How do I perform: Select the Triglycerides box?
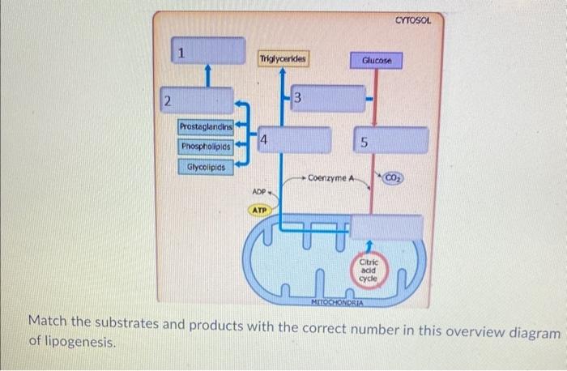pyautogui.click(x=283, y=58)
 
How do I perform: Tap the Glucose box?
pyautogui.click(x=376, y=59)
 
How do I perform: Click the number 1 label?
pyautogui.click(x=182, y=53)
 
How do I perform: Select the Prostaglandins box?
pyautogui.click(x=206, y=126)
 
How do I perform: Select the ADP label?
pyautogui.click(x=259, y=193)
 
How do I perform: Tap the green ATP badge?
pyautogui.click(x=259, y=210)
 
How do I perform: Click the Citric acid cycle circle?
pyautogui.click(x=369, y=267)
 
